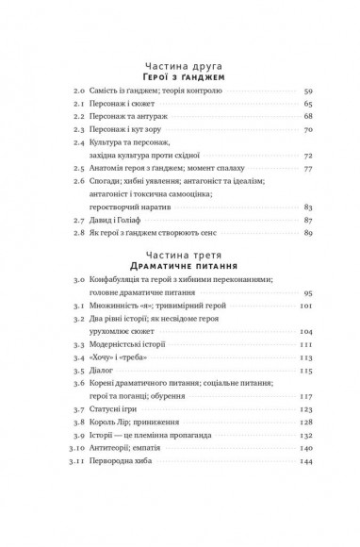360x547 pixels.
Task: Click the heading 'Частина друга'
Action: pos(179,58)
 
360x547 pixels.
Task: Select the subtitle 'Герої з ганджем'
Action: pos(179,72)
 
